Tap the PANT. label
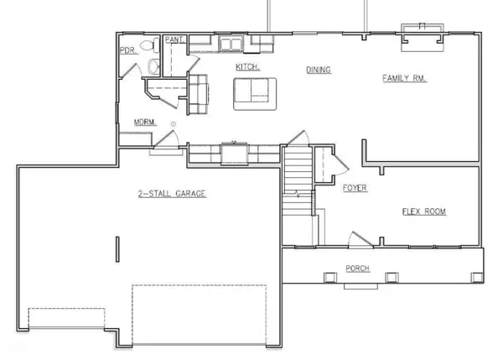coord(174,39)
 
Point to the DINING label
coord(319,70)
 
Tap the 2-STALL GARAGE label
coord(172,194)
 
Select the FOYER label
coord(355,188)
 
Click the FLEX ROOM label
coord(424,211)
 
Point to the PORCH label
coord(358,269)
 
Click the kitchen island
coord(253,92)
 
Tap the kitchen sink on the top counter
coord(230,42)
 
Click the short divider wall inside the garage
coord(117,251)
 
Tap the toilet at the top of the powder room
coord(148,44)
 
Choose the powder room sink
coord(151,66)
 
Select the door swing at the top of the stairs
coord(296,137)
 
